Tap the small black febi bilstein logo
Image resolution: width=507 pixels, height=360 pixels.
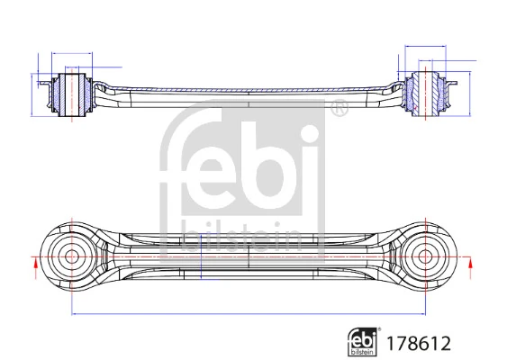coord(364,341)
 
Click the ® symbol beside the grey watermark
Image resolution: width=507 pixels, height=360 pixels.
coord(339,110)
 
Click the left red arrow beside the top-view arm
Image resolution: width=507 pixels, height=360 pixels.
coord(35,264)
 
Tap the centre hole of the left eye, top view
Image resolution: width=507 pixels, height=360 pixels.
coord(72,256)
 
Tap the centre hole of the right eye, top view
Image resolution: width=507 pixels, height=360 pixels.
coord(426,256)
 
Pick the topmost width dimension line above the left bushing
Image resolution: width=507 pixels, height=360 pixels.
coord(72,54)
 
